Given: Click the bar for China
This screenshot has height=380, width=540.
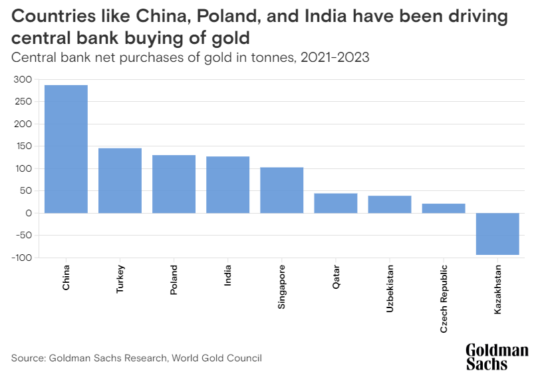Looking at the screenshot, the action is coord(66,149).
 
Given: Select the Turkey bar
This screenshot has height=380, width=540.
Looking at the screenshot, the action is coord(120,180).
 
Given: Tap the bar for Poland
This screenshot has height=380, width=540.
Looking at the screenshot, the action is coord(174,184).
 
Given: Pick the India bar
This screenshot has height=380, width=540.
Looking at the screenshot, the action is coord(227,184).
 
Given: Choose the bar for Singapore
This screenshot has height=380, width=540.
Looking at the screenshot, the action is coord(282,190).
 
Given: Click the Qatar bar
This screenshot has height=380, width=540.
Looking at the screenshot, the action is coord(336,203).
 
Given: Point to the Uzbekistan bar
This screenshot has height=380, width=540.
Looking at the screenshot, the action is coord(390,204).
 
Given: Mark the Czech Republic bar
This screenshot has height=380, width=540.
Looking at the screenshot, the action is coord(444,208).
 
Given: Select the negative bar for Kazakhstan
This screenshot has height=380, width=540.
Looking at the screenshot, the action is coord(497,234).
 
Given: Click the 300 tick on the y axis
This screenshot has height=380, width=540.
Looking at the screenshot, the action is coord(23,80).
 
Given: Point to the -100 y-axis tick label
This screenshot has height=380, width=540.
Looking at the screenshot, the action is coord(21,258).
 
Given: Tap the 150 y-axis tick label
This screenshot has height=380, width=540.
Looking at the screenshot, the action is coord(23,146).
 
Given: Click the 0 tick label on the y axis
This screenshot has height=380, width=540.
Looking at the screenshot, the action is coord(29,213).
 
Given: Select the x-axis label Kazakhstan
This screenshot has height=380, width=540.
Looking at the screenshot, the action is coord(497,289).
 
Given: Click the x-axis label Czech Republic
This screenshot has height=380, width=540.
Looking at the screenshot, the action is coord(444,299).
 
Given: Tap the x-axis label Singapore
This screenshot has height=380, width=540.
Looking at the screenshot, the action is coord(282,287).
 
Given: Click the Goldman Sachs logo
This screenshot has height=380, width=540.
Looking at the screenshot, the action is coord(497,357).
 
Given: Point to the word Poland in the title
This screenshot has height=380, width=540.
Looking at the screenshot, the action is coord(228,16).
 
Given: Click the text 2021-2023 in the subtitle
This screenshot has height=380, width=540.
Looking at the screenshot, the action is coord(335,57).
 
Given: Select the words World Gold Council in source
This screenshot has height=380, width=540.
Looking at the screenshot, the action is coord(217,358).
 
